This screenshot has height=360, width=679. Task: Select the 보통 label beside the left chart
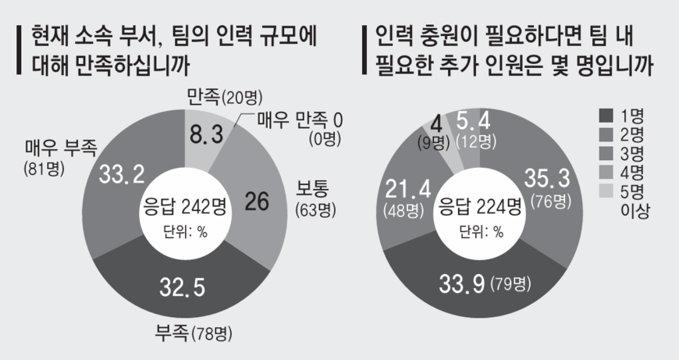pyautogui.click(x=310, y=191)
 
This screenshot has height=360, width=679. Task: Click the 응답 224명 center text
pyautogui.click(x=479, y=207)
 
